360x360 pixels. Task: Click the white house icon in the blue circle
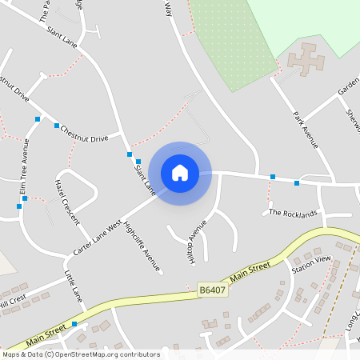180,173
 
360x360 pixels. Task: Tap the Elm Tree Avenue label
25,166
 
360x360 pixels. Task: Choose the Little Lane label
74,285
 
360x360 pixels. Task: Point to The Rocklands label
293,213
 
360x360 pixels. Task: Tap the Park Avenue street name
306,130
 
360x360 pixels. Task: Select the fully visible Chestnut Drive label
84,133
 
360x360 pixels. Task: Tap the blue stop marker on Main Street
74,324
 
